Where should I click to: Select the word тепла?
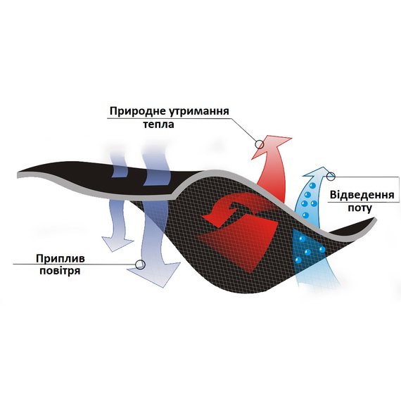(x=158, y=125)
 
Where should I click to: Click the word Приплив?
(x=60, y=259)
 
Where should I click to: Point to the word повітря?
(x=60, y=271)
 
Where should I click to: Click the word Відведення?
(x=362, y=195)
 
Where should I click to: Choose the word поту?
(x=359, y=208)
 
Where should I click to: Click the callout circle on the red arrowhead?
(x=260, y=144)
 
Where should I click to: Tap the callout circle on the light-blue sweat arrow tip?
(x=331, y=176)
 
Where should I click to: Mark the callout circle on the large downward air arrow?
(x=140, y=265)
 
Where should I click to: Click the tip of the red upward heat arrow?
(x=291, y=139)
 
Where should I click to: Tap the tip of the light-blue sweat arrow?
(x=324, y=167)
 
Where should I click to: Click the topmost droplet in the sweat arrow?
(x=312, y=185)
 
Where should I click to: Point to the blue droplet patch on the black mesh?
(x=307, y=248)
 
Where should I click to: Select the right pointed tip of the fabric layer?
(x=376, y=219)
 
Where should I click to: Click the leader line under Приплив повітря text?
(x=74, y=265)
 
